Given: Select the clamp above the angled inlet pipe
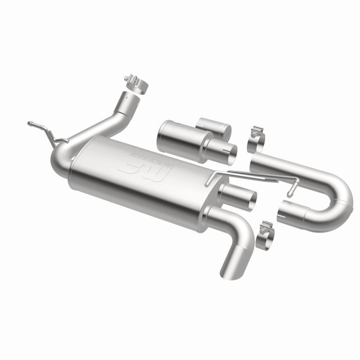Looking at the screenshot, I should [135, 84].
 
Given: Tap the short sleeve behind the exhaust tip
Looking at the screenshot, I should [213, 126].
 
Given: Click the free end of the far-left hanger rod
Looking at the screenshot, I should [30, 122].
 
